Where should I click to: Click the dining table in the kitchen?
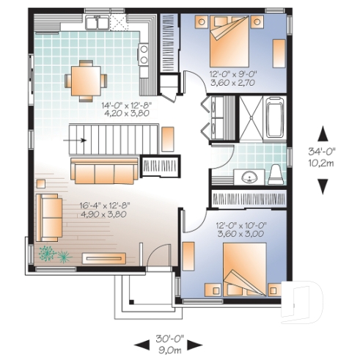[85, 80]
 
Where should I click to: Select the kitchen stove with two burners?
[144, 54]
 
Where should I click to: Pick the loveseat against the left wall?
[51, 216]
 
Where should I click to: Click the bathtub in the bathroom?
[275, 120]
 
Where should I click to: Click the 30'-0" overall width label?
[168, 340]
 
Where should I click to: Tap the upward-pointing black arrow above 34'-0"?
[322, 133]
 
